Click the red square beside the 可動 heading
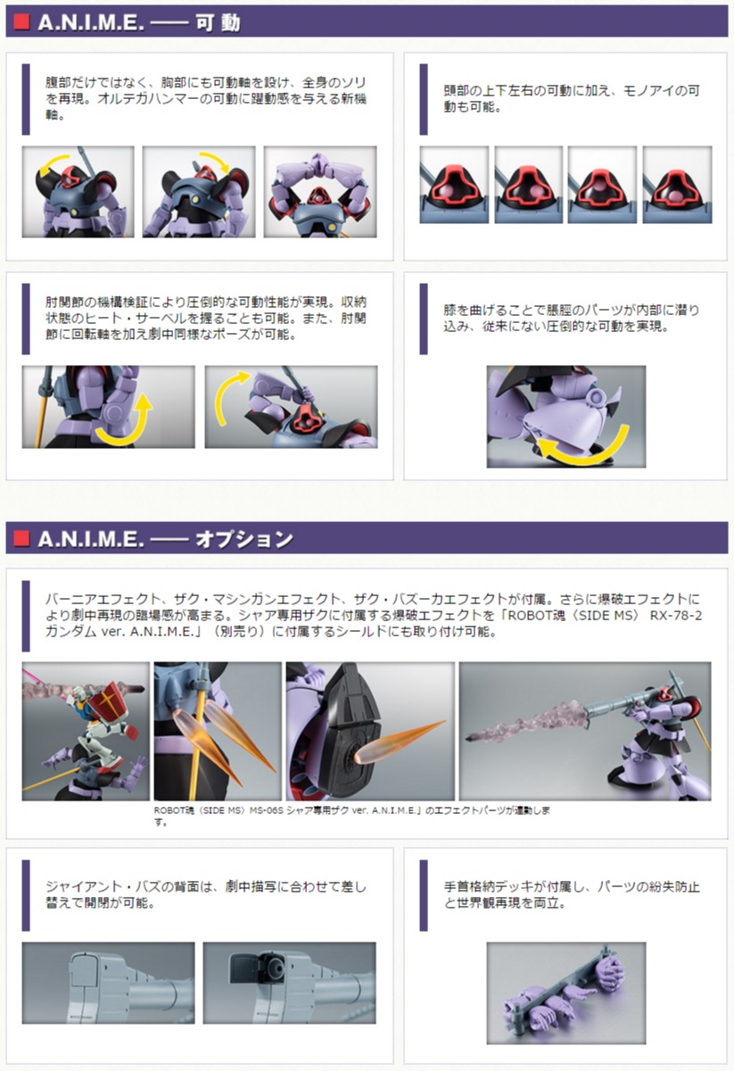(x=21, y=21)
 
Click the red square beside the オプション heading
(x=21, y=538)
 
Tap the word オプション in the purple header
(x=243, y=539)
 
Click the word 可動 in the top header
(x=218, y=22)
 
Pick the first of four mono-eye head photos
(x=454, y=185)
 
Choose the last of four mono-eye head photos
(x=677, y=185)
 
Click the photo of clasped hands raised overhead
(x=320, y=192)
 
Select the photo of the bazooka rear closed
(x=108, y=983)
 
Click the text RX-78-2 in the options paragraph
(x=676, y=615)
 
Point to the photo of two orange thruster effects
(x=218, y=731)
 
